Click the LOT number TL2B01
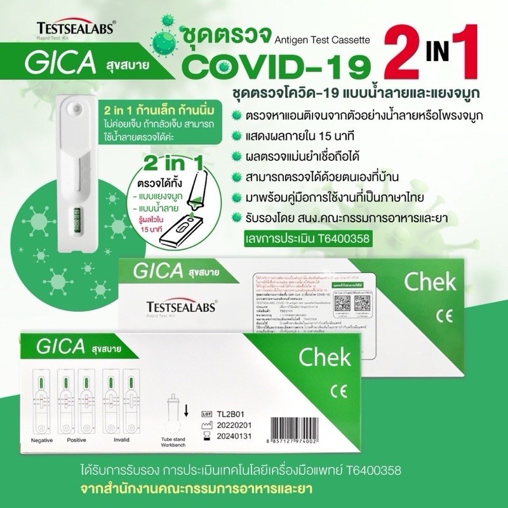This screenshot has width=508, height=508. [229, 411]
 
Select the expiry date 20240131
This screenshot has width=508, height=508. [234, 436]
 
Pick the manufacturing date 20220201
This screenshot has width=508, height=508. [234, 424]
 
